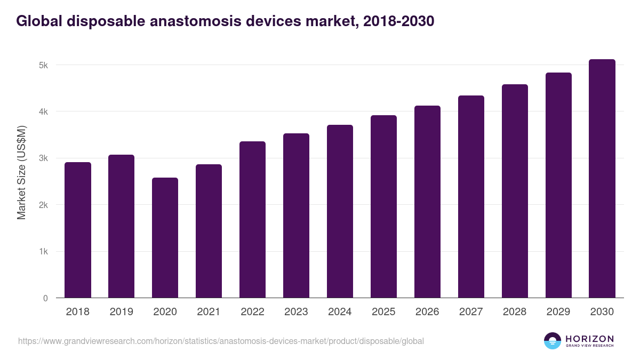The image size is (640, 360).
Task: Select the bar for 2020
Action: (165, 238)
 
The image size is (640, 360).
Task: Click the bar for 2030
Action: (602, 179)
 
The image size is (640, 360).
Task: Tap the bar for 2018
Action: (78, 230)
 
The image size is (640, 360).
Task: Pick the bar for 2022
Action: (252, 220)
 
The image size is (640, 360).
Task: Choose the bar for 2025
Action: (383, 206)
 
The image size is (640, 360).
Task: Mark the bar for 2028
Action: (515, 191)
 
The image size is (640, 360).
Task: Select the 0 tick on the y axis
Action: (45, 298)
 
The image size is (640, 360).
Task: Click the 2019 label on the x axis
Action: (121, 312)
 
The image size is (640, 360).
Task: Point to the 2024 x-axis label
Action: (340, 312)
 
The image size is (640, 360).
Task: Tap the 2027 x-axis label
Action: (471, 312)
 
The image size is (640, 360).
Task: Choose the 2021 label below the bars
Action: (209, 312)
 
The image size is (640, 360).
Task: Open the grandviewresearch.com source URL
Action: (221, 341)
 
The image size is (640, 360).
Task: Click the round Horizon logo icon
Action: (553, 341)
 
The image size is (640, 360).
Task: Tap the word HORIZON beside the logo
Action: (589, 339)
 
